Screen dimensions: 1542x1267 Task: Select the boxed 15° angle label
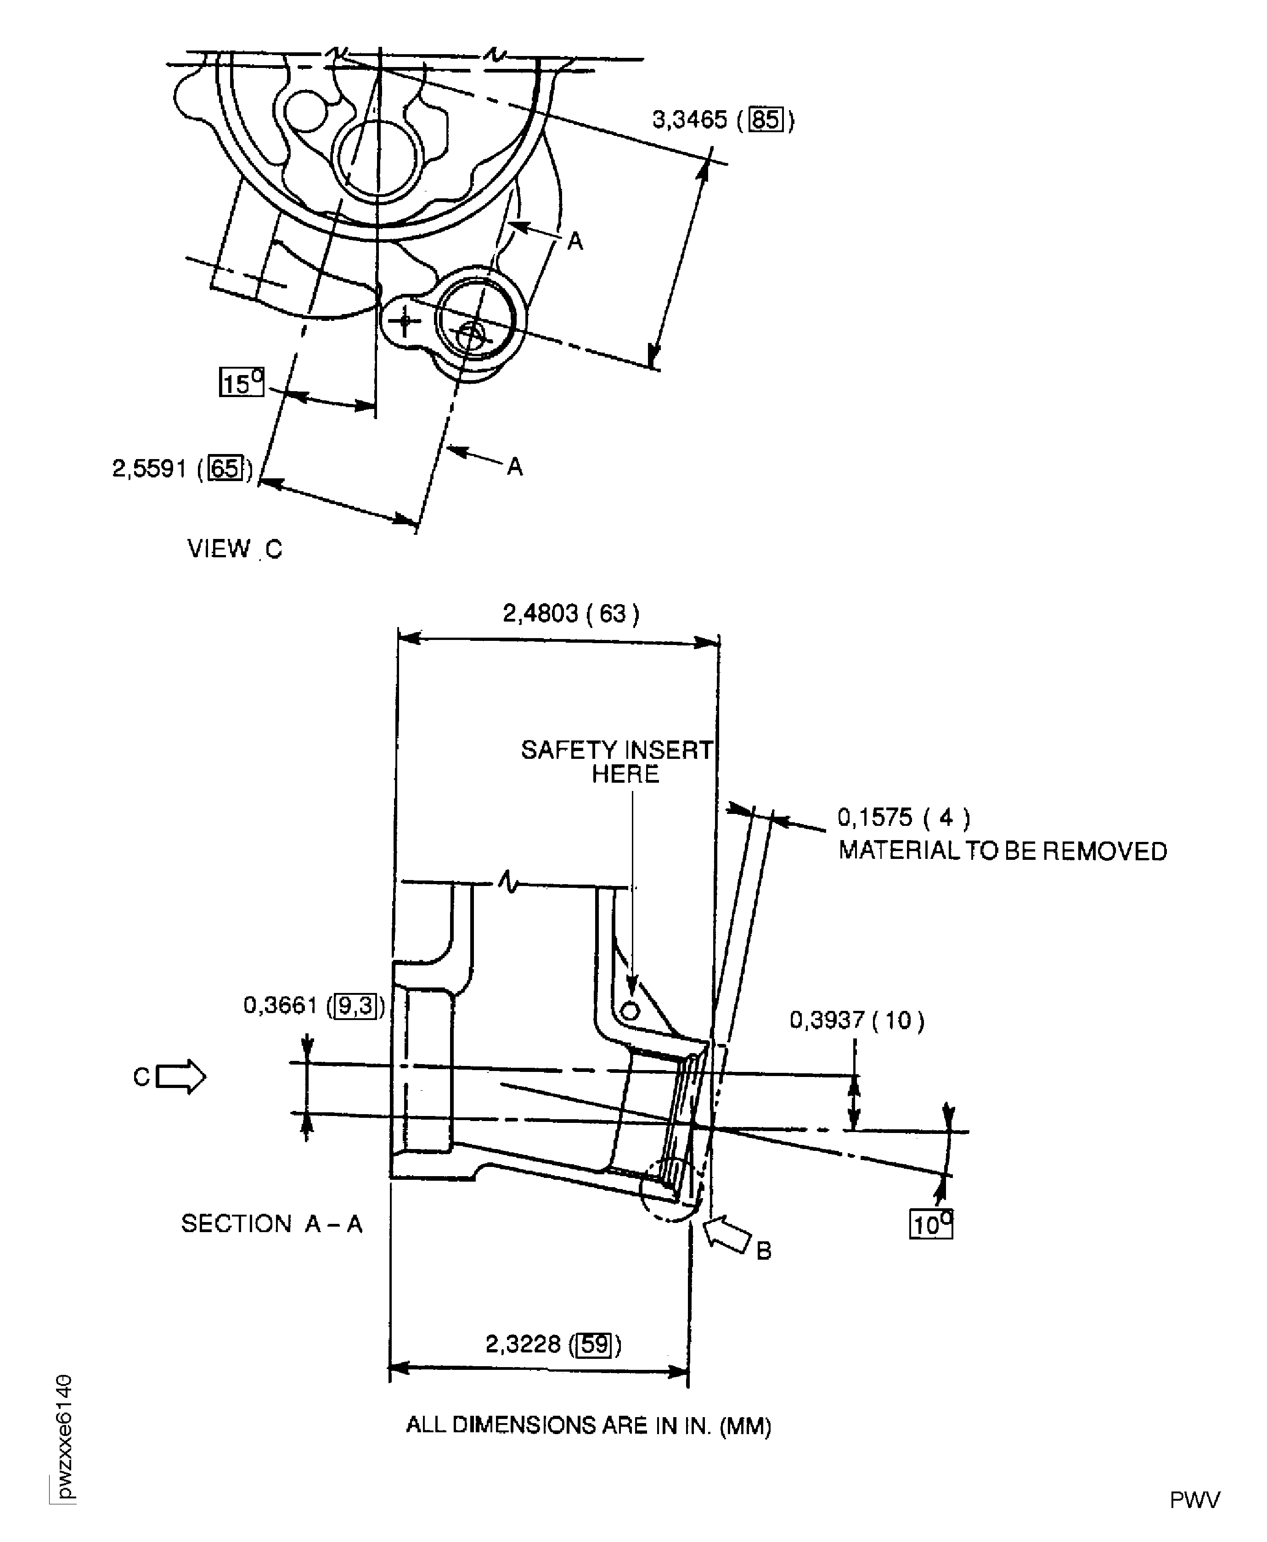point(242,382)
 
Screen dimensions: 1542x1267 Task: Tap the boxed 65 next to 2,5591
point(225,468)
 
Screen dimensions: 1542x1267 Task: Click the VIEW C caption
point(234,549)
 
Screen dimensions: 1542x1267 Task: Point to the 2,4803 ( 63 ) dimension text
point(571,613)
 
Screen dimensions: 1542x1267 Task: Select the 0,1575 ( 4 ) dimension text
point(904,817)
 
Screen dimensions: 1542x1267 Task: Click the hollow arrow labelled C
point(181,1077)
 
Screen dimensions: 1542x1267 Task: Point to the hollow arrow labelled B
point(728,1232)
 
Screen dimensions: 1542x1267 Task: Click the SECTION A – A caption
point(271,1223)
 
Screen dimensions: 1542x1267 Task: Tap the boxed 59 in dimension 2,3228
point(594,1344)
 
